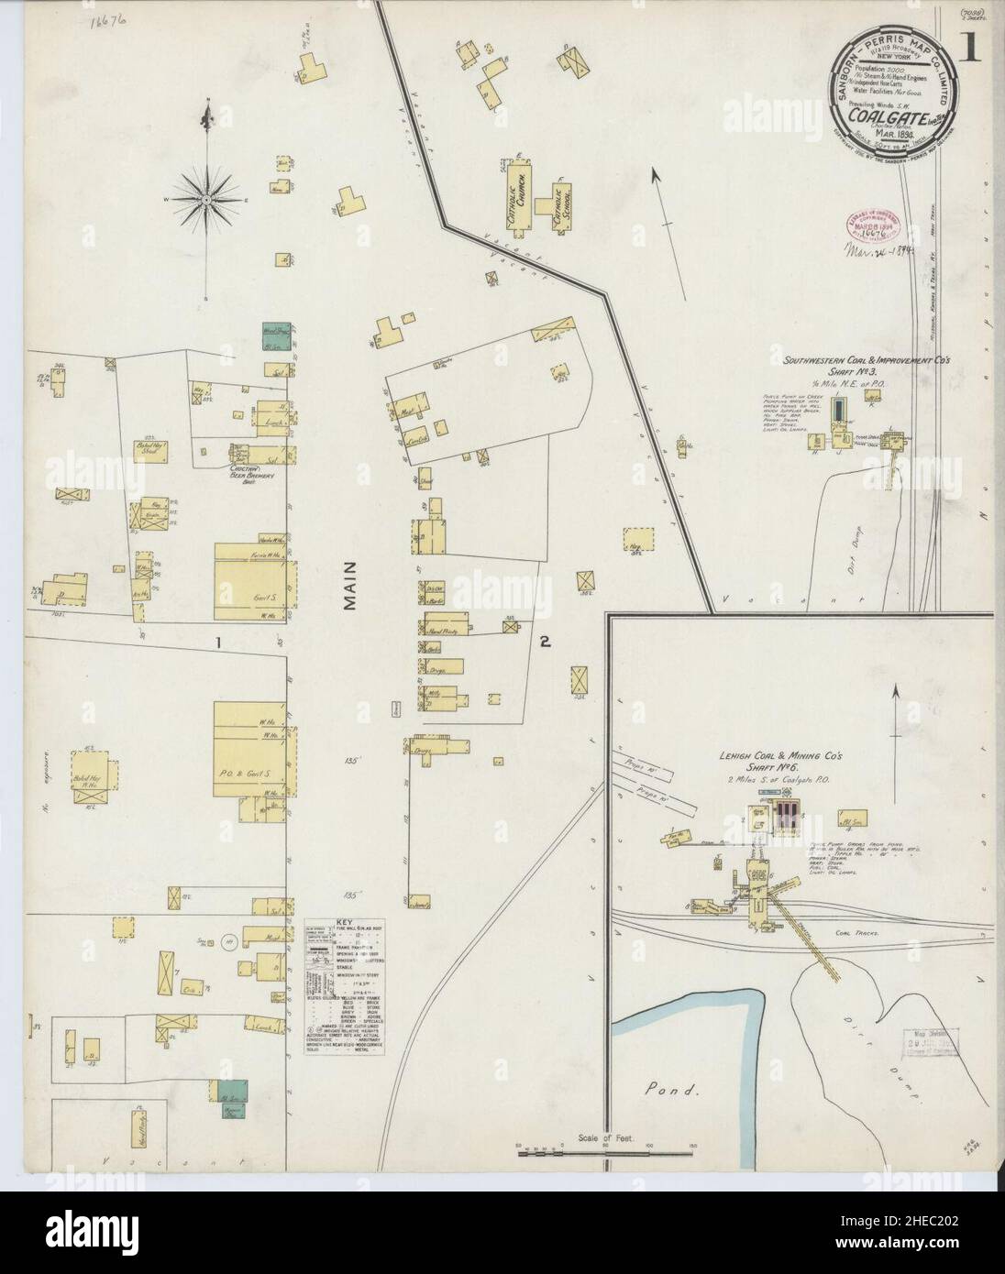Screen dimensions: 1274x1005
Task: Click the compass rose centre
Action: (207, 197)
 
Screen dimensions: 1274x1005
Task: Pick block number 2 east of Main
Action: (544, 643)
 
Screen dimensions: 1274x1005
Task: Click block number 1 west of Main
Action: (218, 643)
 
